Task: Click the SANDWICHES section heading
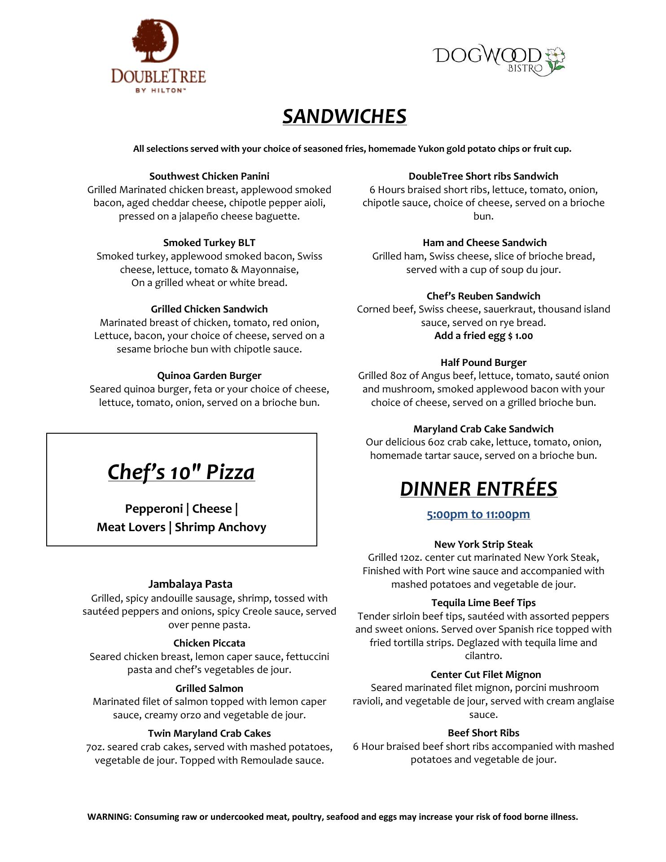click(344, 116)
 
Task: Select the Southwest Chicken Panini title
click(209, 176)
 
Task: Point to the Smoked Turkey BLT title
click(209, 243)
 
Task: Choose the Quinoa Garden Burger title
click(209, 376)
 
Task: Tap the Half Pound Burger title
click(483, 363)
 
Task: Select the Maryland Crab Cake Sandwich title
click(483, 429)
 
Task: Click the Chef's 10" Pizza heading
click(181, 472)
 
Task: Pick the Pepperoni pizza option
click(153, 509)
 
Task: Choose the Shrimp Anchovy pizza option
click(220, 527)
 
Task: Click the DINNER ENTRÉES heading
click(478, 489)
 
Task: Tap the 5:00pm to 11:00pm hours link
click(478, 515)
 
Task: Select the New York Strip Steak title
click(483, 545)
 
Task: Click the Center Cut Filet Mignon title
click(486, 675)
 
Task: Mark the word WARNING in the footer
click(109, 817)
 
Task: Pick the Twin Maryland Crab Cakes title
click(209, 734)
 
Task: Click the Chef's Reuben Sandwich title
click(483, 296)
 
